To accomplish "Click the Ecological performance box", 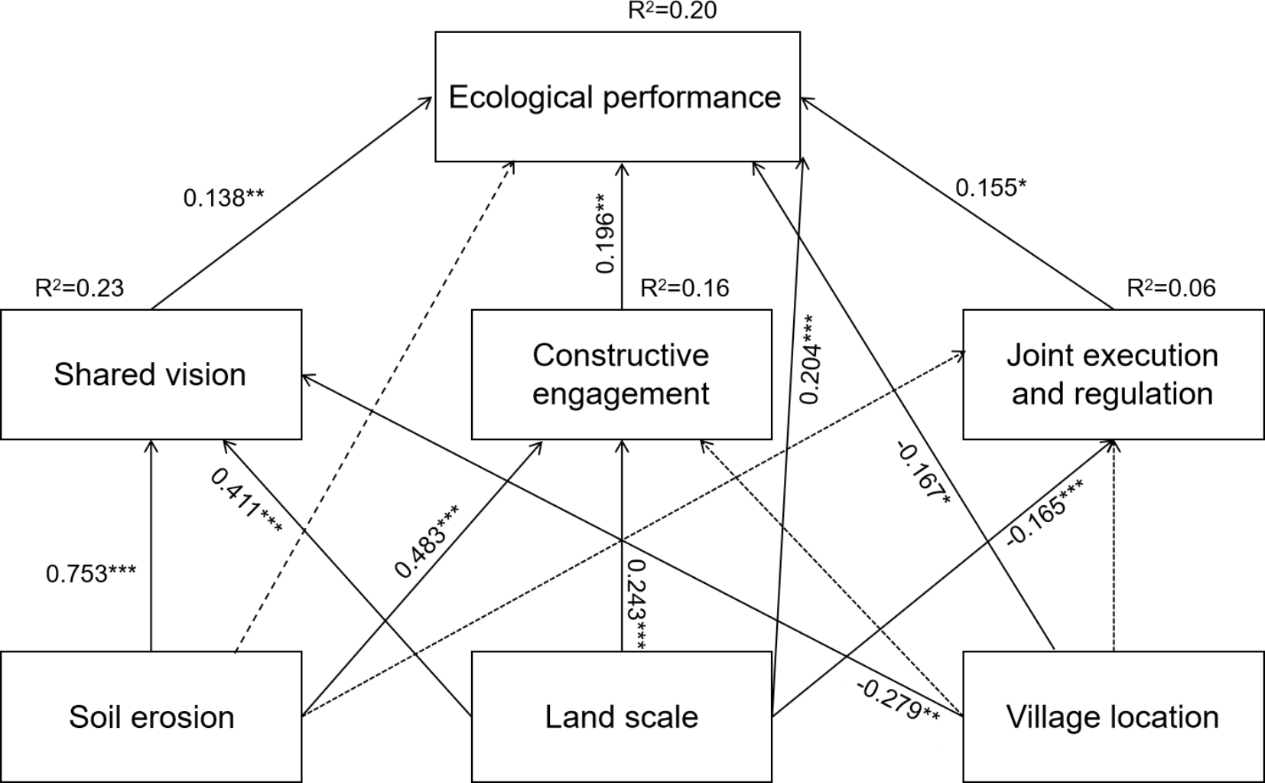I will (x=617, y=97).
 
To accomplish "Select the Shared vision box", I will (x=151, y=374).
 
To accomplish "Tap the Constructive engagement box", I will (x=621, y=374).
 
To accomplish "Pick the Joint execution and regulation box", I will (x=1112, y=374).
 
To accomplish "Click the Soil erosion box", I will (x=151, y=717).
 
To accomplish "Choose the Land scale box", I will (x=621, y=717).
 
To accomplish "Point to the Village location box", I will (x=1112, y=717).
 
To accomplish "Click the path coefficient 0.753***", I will (x=91, y=573).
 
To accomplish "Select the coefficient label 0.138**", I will (x=223, y=197).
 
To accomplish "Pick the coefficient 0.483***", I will (x=427, y=541).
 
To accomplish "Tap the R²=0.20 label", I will (x=672, y=11).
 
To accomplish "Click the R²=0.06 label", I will (x=1170, y=288).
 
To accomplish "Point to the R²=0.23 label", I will (x=79, y=288).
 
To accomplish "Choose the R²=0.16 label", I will (x=684, y=288).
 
